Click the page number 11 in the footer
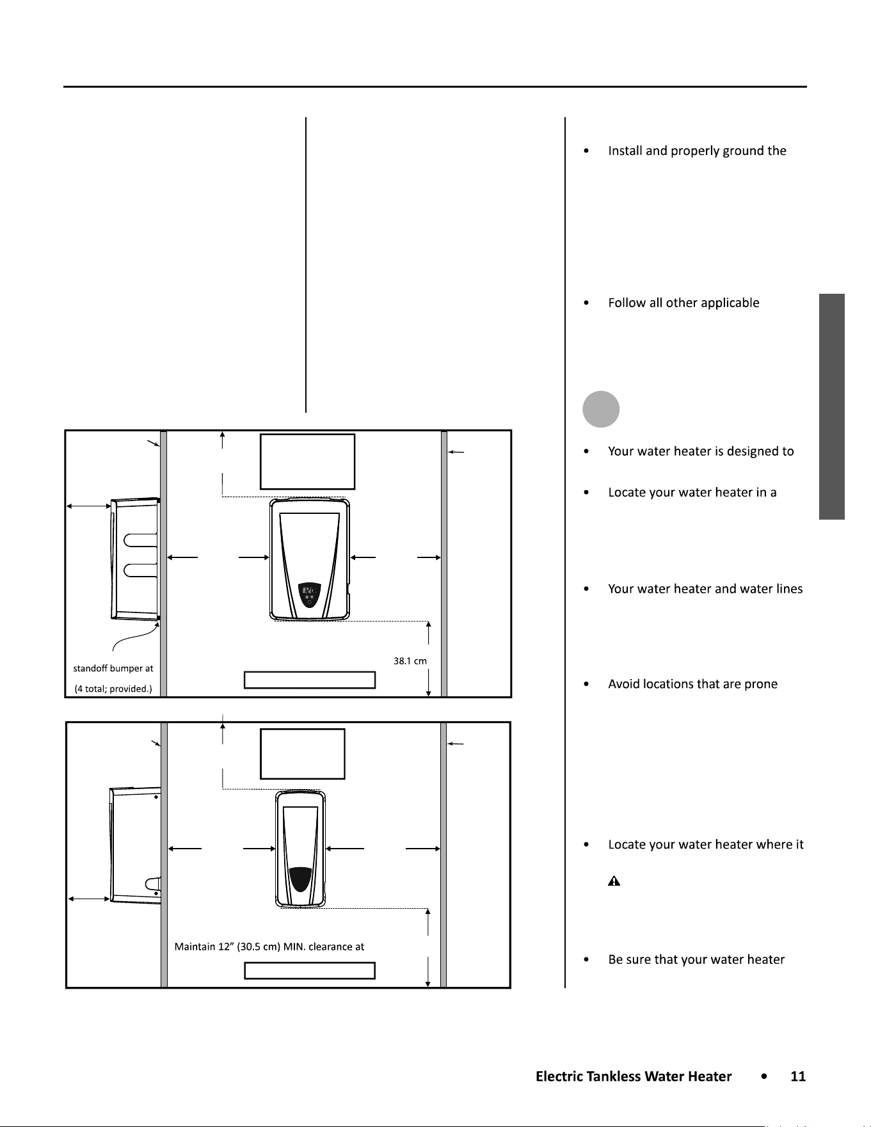click(798, 1076)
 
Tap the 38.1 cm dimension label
click(410, 661)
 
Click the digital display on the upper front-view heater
click(309, 589)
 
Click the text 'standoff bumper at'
click(113, 668)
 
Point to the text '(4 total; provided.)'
click(113, 689)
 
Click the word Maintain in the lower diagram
click(195, 947)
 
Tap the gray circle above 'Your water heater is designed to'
click(601, 409)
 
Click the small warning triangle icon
click(614, 881)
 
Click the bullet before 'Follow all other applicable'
click(586, 303)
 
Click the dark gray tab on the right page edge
click(832, 406)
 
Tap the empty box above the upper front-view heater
click(307, 461)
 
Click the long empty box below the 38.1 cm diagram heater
click(310, 680)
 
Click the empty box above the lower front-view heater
click(303, 754)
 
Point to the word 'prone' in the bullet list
click(761, 685)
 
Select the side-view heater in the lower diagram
click(135, 845)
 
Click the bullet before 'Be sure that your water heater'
click(586, 959)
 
